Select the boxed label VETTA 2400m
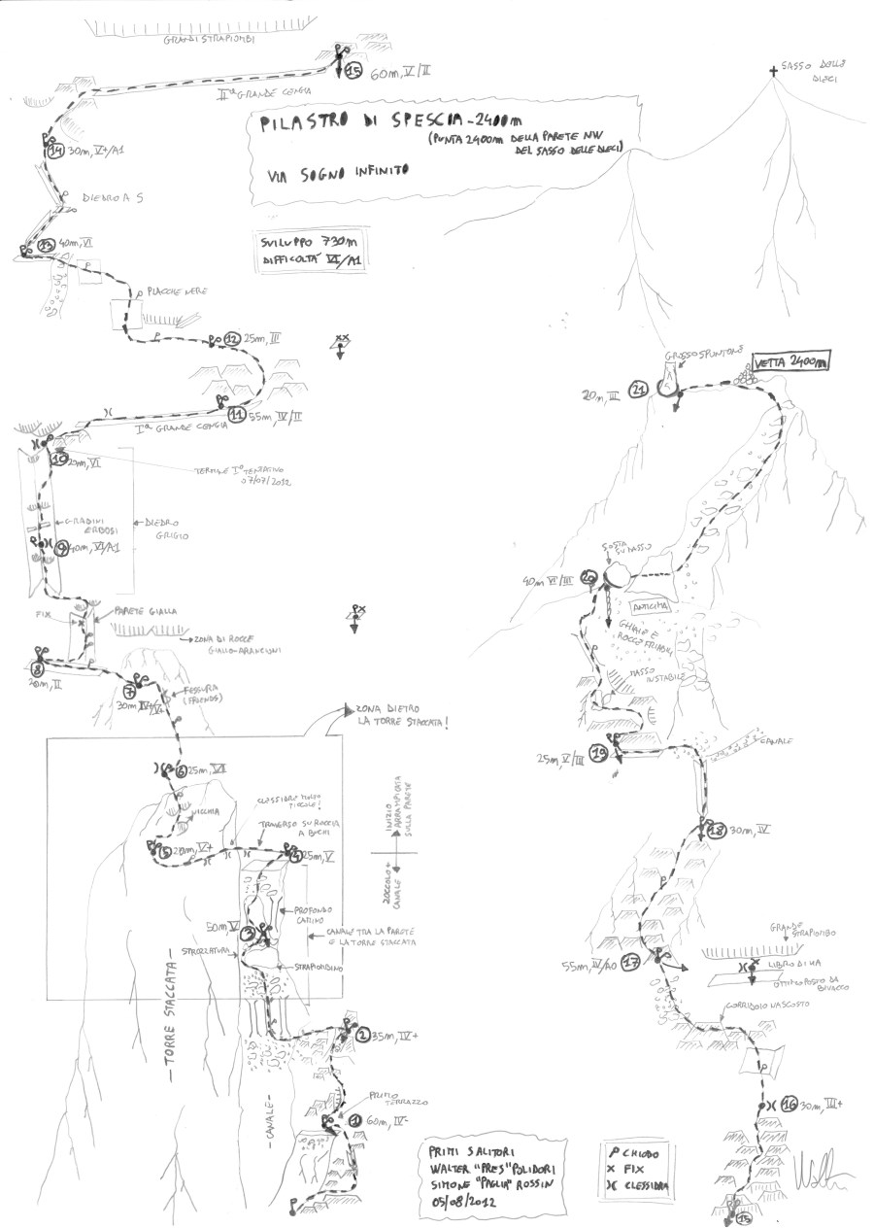pos(792,362)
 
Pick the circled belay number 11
pos(235,415)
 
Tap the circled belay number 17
pos(631,963)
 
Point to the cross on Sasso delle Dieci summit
pos(774,71)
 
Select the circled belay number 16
pos(789,1104)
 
